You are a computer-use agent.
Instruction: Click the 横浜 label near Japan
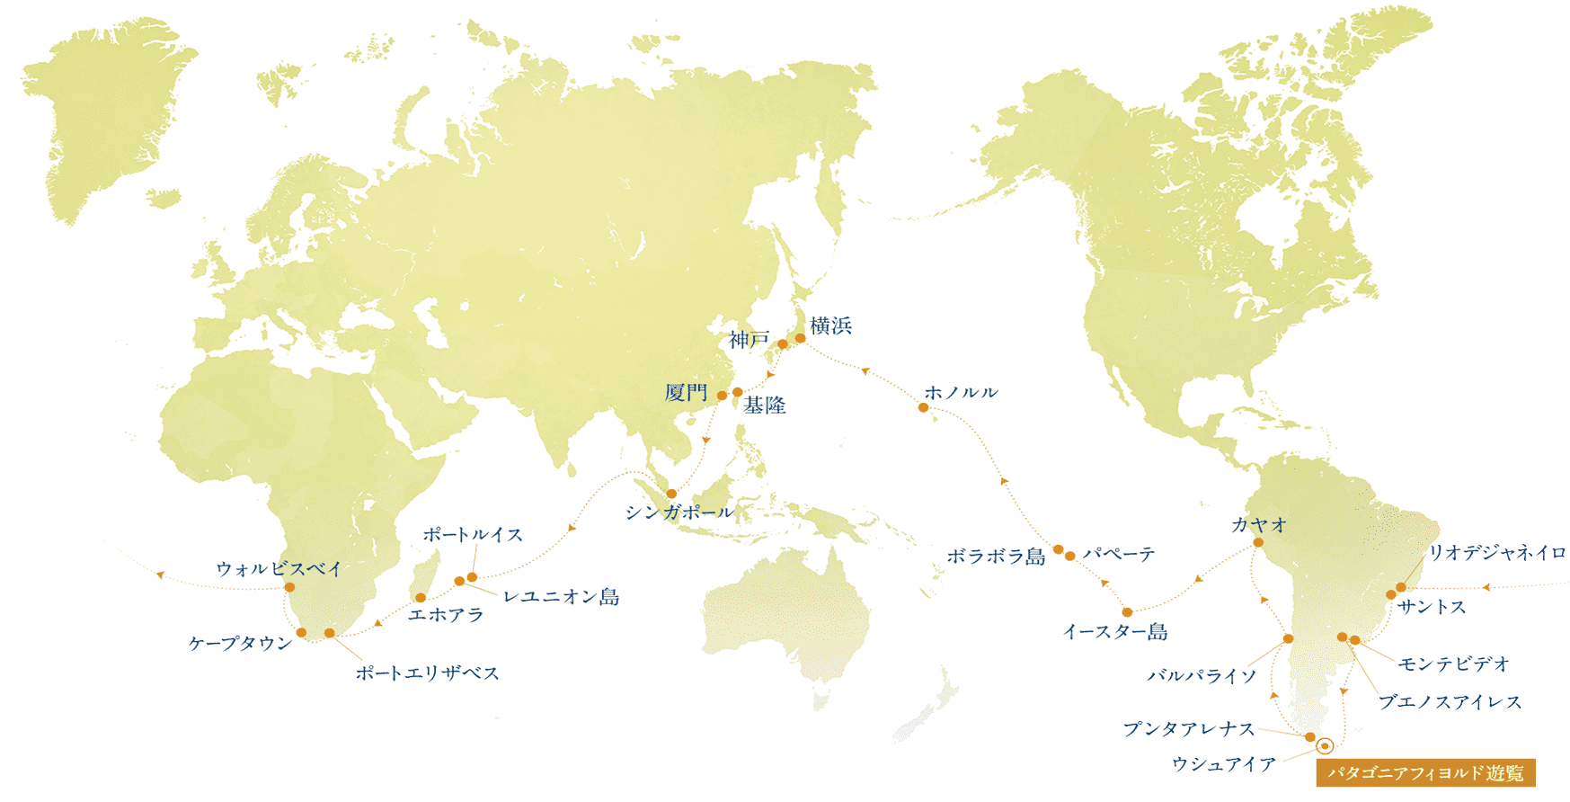pos(830,326)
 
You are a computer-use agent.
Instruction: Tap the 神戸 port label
pos(750,340)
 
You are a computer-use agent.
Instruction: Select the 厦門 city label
pos(686,393)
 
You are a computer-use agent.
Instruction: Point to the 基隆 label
pos(765,405)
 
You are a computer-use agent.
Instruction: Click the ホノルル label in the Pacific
pos(961,393)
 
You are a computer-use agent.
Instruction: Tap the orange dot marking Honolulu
pos(923,408)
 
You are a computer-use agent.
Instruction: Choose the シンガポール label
pos(679,512)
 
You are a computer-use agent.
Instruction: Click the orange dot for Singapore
pos(671,494)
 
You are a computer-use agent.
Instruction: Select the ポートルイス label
pos(473,535)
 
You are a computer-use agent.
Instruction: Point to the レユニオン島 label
pos(561,597)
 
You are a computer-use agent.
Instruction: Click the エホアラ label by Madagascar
pos(446,615)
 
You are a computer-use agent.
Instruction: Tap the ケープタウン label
pos(240,644)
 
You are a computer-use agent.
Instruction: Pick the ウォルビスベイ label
pos(279,569)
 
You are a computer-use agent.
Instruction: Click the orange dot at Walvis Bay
pos(289,587)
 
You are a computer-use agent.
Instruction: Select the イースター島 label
pos(1114,632)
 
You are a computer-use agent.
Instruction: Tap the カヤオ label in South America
pos(1258,525)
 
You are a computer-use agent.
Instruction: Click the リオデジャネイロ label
pos(1497,553)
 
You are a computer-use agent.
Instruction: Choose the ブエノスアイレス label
pos(1450,702)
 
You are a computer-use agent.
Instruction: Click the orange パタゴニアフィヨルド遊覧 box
pos(1425,773)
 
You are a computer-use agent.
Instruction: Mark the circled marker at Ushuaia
pos(1324,745)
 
